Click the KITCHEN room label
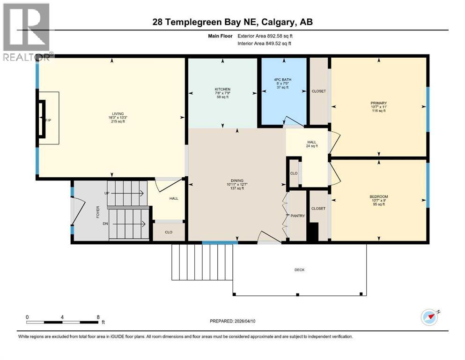pos(222,89)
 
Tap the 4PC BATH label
pos(283,80)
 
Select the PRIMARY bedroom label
pos(378,103)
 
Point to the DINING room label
pos(236,180)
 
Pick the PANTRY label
pos(297,216)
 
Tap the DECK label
pos(299,270)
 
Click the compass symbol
pos(429,318)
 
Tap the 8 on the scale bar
pos(97,316)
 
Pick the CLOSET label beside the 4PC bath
pos(318,91)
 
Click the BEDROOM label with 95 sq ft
pos(378,196)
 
